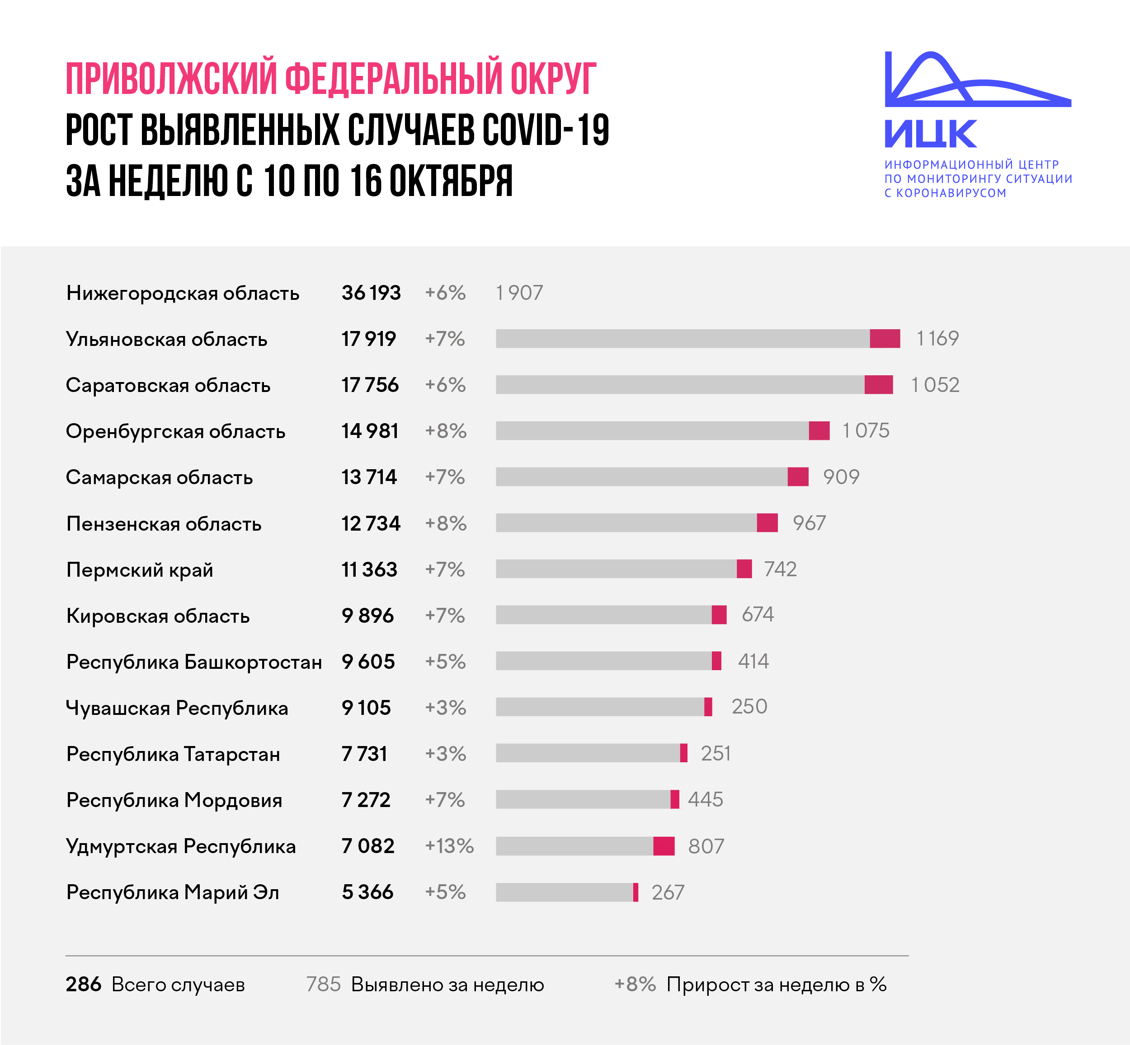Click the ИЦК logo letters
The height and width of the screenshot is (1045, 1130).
[930, 134]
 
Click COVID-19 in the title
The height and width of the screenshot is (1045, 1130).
[546, 130]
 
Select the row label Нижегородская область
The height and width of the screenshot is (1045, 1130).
[182, 293]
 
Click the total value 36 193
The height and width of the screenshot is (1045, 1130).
[371, 293]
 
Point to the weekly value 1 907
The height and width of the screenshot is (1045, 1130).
[519, 293]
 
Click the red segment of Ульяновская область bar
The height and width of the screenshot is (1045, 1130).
[885, 339]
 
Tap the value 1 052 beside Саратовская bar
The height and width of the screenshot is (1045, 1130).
[934, 385]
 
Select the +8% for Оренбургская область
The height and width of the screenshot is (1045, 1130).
[445, 431]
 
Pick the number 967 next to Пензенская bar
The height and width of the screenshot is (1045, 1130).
[809, 523]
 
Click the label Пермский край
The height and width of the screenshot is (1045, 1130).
[140, 569]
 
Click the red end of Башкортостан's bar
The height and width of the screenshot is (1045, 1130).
[716, 661]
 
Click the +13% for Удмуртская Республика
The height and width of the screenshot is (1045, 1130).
[449, 846]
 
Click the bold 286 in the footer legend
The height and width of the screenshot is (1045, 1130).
[83, 984]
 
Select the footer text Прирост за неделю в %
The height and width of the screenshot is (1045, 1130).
[776, 984]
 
